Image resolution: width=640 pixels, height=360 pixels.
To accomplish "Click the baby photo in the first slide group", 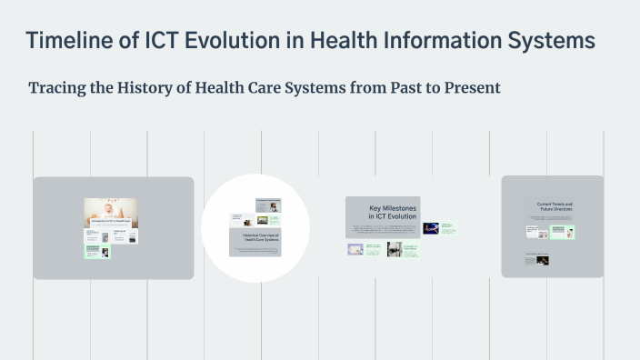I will [111, 212].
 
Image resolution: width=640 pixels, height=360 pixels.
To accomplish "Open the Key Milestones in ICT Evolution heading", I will [382, 212].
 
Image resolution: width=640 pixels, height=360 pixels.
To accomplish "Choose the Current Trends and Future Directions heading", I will [552, 208].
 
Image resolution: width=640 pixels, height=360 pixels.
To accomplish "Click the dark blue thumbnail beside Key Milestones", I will [431, 228].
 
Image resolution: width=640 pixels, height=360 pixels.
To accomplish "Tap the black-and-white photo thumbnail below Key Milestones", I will [395, 249].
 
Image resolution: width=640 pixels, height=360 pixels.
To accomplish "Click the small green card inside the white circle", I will [273, 220].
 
